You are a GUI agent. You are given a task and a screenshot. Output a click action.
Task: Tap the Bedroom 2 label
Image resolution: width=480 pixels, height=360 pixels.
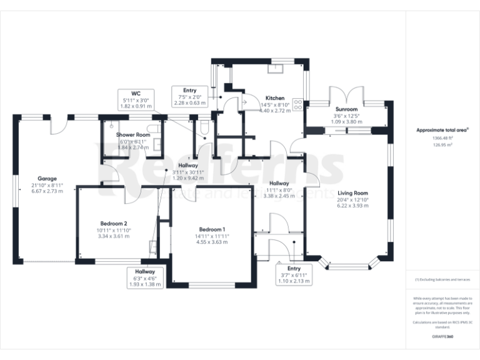coord(114,224)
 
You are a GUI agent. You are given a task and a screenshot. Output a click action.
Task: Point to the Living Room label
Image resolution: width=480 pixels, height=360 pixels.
coord(353,193)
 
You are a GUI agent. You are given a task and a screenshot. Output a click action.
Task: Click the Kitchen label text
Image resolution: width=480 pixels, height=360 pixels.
coord(275,98)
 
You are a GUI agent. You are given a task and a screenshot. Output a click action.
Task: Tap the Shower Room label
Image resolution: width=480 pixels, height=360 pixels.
coord(132,135)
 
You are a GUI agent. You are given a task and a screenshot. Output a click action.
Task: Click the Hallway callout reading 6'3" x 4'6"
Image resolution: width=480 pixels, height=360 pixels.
coord(145,277)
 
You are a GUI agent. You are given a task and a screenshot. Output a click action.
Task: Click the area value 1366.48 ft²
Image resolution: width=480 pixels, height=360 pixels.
coord(443,139)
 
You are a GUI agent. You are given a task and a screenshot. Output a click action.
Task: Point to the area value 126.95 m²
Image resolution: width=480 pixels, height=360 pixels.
coord(443,144)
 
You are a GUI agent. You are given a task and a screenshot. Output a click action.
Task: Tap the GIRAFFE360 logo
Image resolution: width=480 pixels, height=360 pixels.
coord(443,337)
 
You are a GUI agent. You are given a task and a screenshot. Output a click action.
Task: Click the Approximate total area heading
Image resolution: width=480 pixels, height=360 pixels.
coord(442,131)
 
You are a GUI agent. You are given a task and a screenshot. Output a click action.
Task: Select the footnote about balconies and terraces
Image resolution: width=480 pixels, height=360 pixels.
coord(443,279)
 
